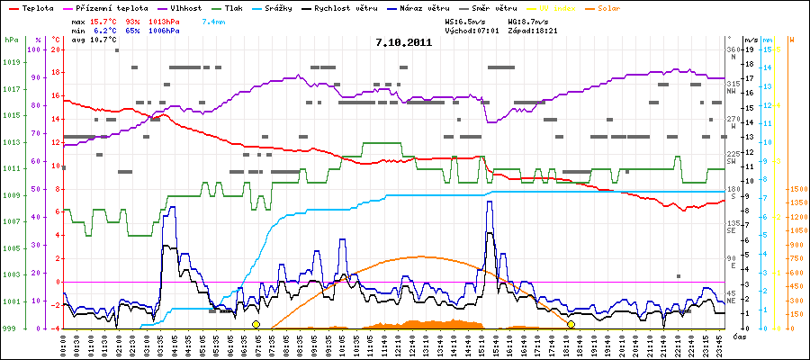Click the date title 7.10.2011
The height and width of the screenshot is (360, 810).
[404, 42]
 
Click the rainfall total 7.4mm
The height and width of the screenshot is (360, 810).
[214, 20]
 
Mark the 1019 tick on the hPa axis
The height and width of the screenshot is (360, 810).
[11, 62]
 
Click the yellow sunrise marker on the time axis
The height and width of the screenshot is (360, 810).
[256, 325]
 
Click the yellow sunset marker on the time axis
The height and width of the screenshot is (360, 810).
[571, 325]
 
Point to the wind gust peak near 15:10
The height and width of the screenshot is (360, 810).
[489, 202]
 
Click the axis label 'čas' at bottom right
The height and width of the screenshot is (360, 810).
[739, 337]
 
